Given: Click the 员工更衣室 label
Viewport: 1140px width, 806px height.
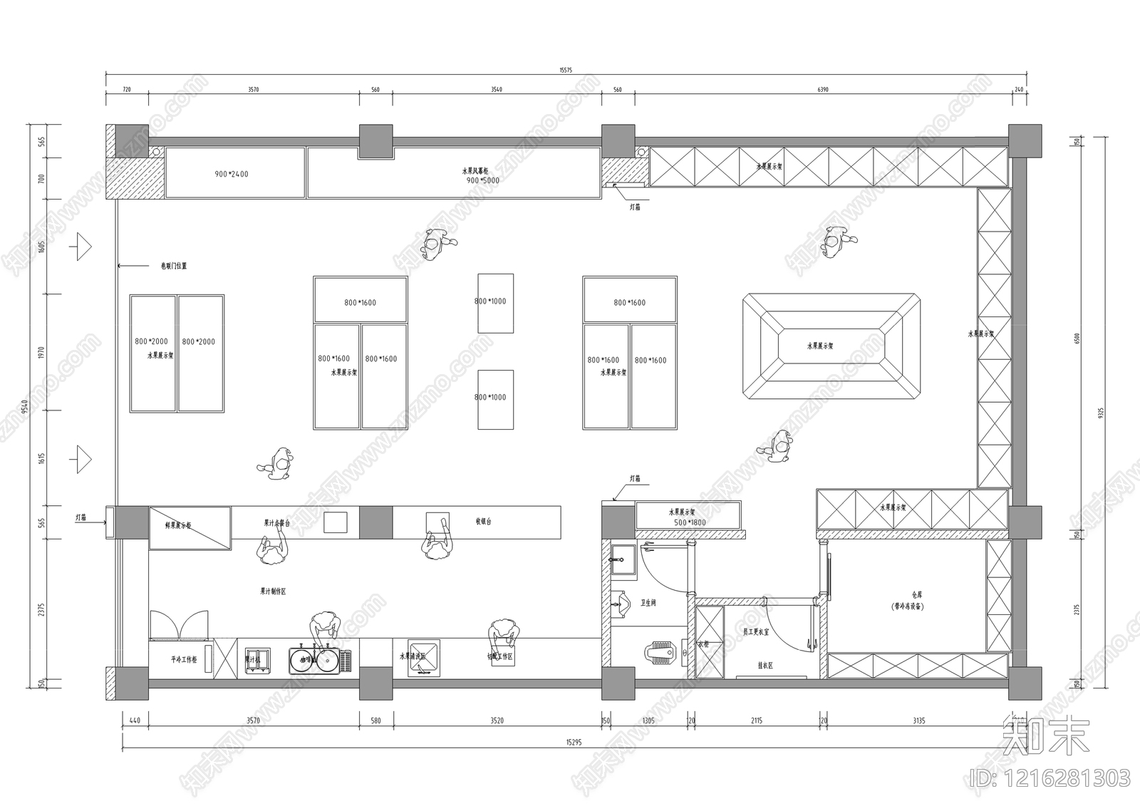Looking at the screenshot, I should tap(756, 631).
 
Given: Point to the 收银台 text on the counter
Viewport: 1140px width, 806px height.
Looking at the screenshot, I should tap(483, 522).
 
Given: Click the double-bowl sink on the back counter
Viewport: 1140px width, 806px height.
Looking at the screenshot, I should tap(314, 661).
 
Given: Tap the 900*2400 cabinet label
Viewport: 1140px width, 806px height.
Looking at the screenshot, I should tap(232, 174).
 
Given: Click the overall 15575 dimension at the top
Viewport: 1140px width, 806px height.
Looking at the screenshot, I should tap(566, 70).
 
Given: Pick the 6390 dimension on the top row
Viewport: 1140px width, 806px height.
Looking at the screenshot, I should tap(823, 90).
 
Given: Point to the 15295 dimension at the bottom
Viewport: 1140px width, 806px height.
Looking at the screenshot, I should tap(574, 742).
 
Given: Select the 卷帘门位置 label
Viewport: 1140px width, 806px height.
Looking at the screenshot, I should tap(173, 266).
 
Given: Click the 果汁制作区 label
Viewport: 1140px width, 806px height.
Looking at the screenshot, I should tap(273, 591).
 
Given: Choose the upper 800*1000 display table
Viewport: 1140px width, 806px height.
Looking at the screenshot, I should tap(495, 302).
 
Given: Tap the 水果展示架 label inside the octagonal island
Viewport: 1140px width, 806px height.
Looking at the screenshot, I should tap(820, 346).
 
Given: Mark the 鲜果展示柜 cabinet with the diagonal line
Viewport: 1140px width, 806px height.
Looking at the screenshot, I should tap(190, 527).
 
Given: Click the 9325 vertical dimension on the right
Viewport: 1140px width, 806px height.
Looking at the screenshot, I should tap(1101, 413).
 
